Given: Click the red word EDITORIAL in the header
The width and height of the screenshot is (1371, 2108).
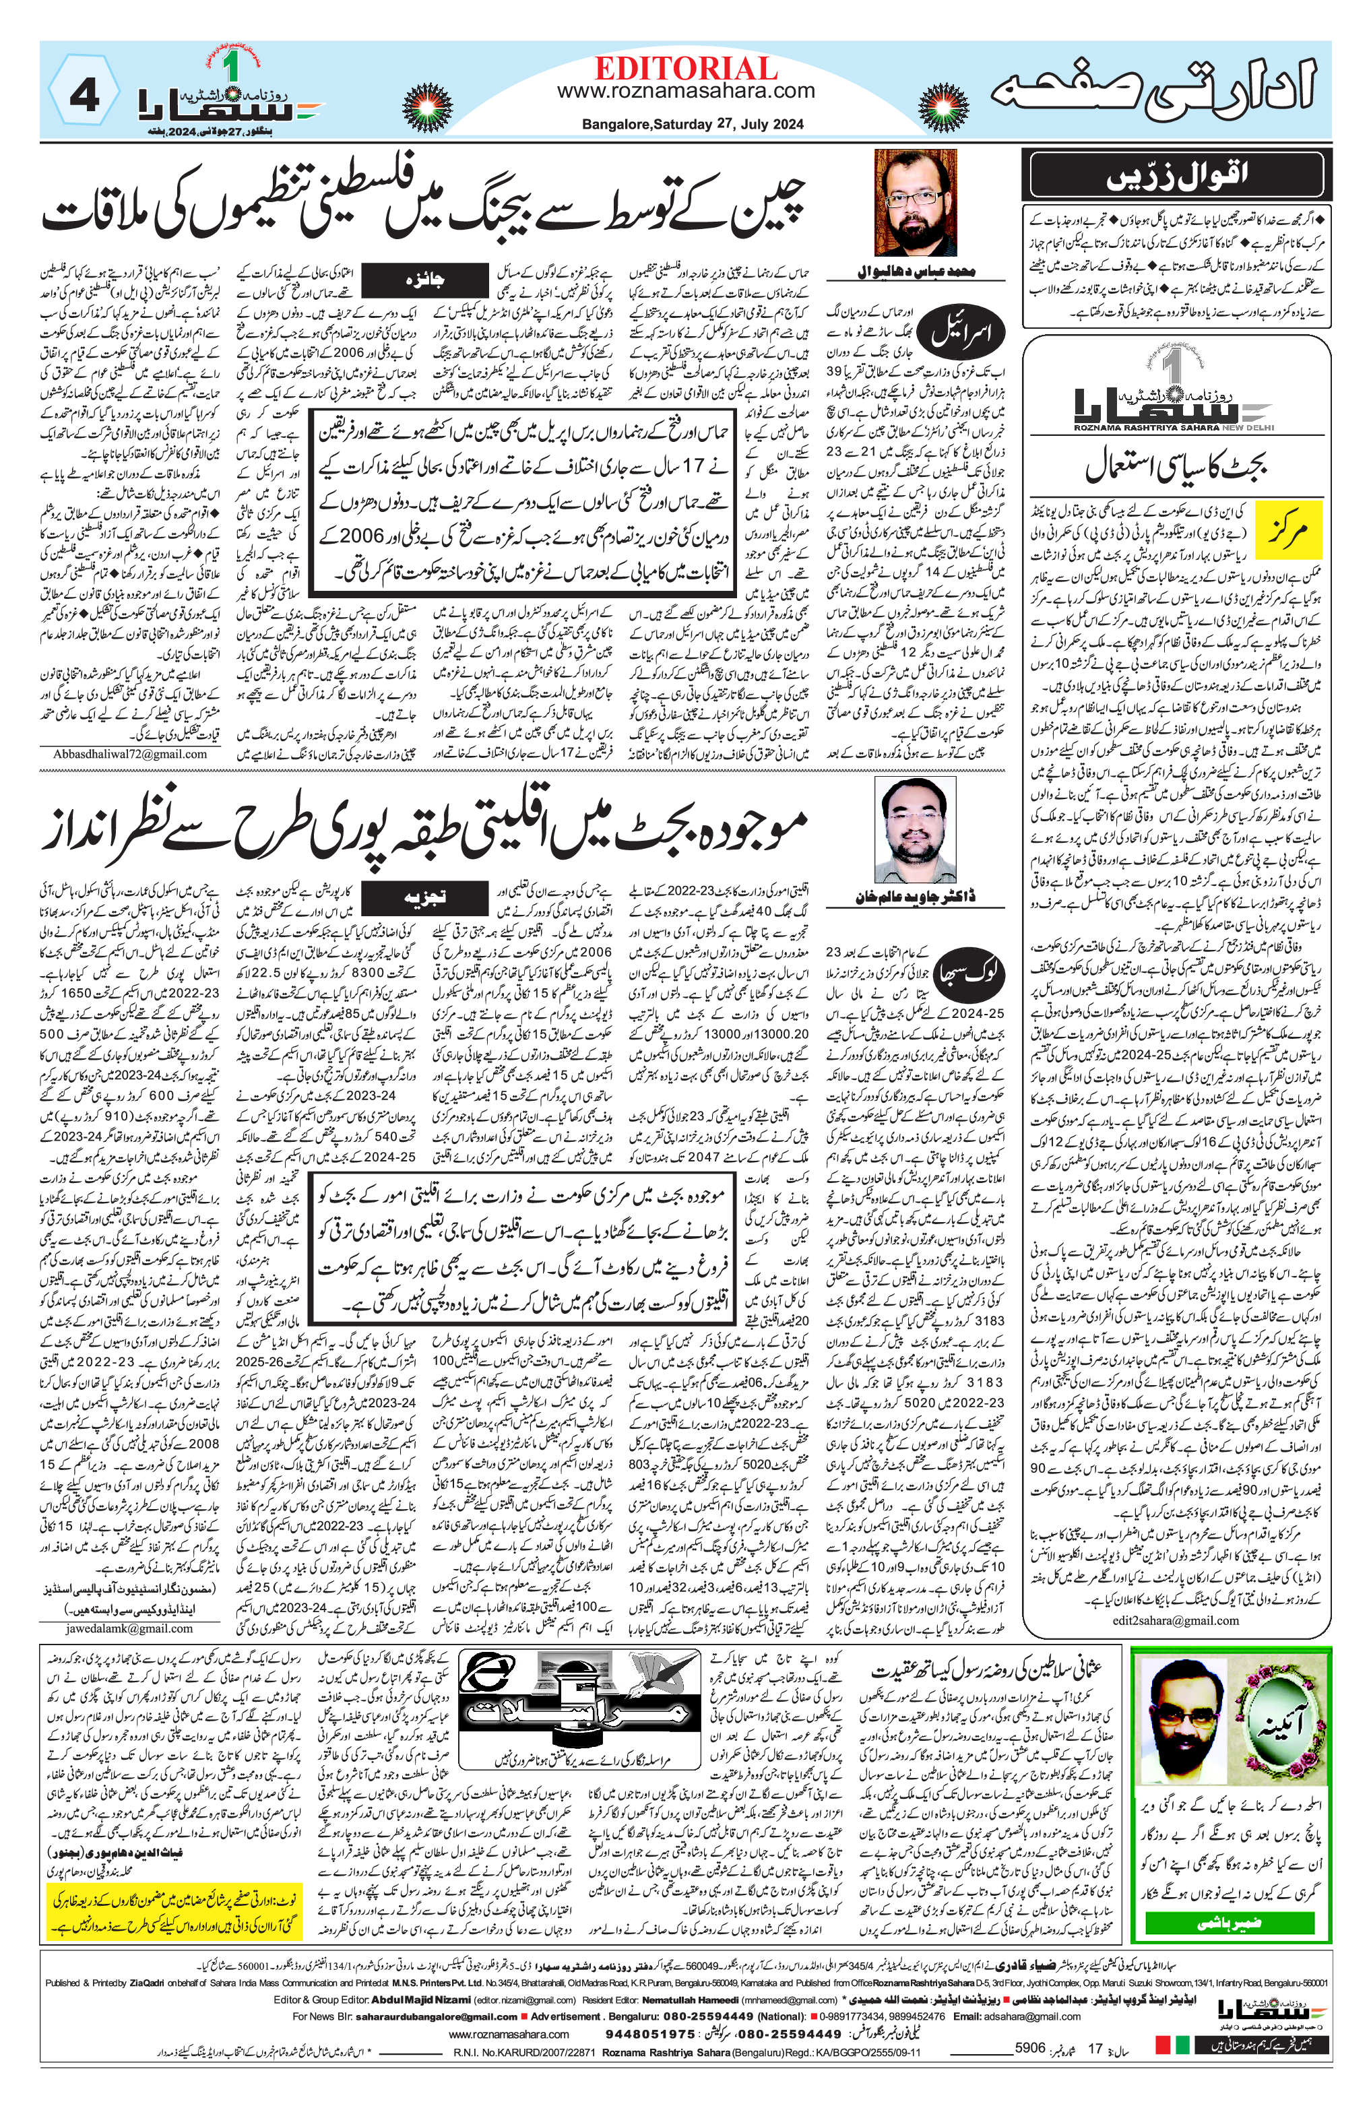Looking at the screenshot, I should click(x=686, y=68).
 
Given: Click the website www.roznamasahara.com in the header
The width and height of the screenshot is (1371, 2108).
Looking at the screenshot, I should click(x=686, y=91).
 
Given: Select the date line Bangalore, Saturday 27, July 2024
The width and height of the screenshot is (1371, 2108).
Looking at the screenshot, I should click(x=693, y=125).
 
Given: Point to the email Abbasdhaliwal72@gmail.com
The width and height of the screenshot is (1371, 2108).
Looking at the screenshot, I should click(x=129, y=755).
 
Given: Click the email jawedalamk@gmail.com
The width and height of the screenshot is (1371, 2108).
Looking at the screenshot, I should click(x=129, y=1628).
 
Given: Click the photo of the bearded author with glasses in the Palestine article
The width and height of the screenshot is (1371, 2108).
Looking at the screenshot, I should click(x=915, y=203).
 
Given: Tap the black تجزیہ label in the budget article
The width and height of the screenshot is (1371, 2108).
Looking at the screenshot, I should click(x=424, y=896).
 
